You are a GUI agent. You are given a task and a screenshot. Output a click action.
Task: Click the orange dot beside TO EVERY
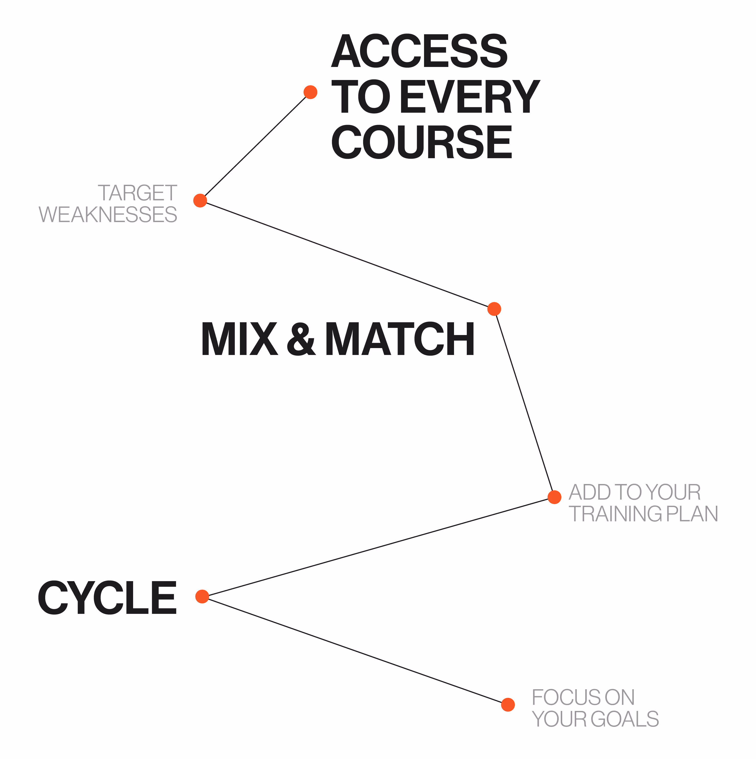(x=310, y=92)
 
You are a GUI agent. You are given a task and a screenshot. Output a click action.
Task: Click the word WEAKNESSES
(x=108, y=214)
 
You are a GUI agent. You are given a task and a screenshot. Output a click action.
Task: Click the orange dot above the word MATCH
(x=494, y=309)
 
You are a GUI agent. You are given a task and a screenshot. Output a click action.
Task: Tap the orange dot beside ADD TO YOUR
(x=554, y=497)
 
